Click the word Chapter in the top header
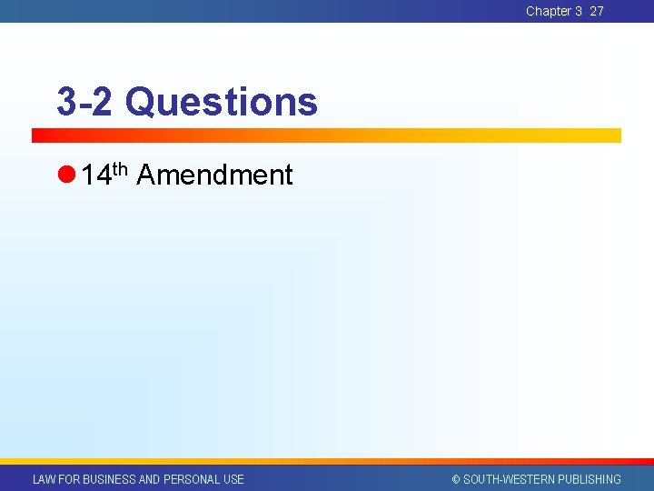548,11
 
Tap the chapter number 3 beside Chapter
579,11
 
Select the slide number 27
597,11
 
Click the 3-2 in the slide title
84,102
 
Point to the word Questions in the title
222,102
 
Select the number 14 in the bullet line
95,175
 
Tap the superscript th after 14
120,167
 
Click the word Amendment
214,175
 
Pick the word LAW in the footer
44,479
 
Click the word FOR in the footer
69,479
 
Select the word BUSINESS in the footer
110,479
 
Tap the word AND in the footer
150,479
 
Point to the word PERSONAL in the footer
192,479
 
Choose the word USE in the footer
233,479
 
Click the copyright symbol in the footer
456,479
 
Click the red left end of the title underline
41,135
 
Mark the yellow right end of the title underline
613,135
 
